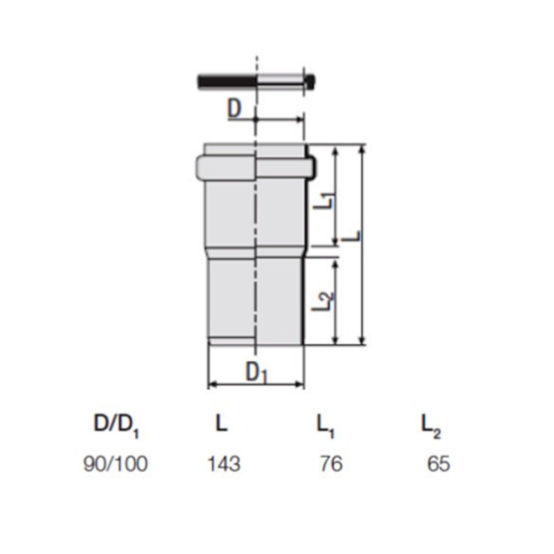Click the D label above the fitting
tap(234, 109)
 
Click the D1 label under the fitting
tap(257, 372)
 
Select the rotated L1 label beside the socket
tap(324, 201)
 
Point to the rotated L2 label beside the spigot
tap(322, 301)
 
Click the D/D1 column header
tap(116, 425)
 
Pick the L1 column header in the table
tap(326, 425)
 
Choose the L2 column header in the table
tap(431, 425)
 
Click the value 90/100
tap(116, 464)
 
